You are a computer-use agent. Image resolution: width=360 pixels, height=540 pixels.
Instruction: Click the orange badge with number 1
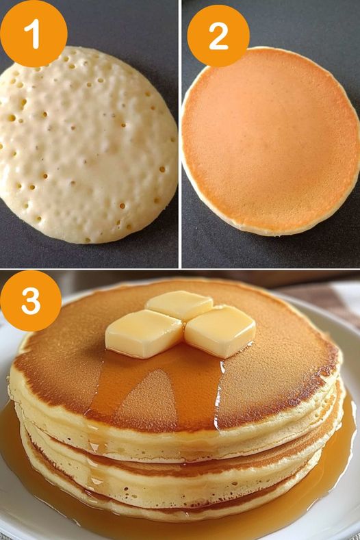pyautogui.click(x=34, y=34)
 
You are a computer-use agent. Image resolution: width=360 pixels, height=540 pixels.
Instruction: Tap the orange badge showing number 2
pyautogui.click(x=218, y=36)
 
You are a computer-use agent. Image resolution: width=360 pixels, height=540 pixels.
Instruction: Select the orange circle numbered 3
pyautogui.click(x=31, y=301)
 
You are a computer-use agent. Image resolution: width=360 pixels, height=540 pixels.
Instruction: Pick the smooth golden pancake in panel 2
pyautogui.click(x=271, y=141)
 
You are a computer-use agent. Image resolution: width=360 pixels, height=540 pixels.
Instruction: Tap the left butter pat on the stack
pyautogui.click(x=144, y=333)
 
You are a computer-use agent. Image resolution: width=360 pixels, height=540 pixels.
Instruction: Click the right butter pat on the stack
pyautogui.click(x=220, y=331)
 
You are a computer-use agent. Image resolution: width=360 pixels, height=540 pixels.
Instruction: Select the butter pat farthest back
pyautogui.click(x=179, y=305)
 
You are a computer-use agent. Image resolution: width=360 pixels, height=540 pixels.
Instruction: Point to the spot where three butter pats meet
pyautogui.click(x=183, y=322)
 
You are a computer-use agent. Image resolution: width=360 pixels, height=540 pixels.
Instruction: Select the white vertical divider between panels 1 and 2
pyautogui.click(x=180, y=133)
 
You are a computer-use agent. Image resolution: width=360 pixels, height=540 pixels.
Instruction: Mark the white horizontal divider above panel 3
pyautogui.click(x=180, y=269)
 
